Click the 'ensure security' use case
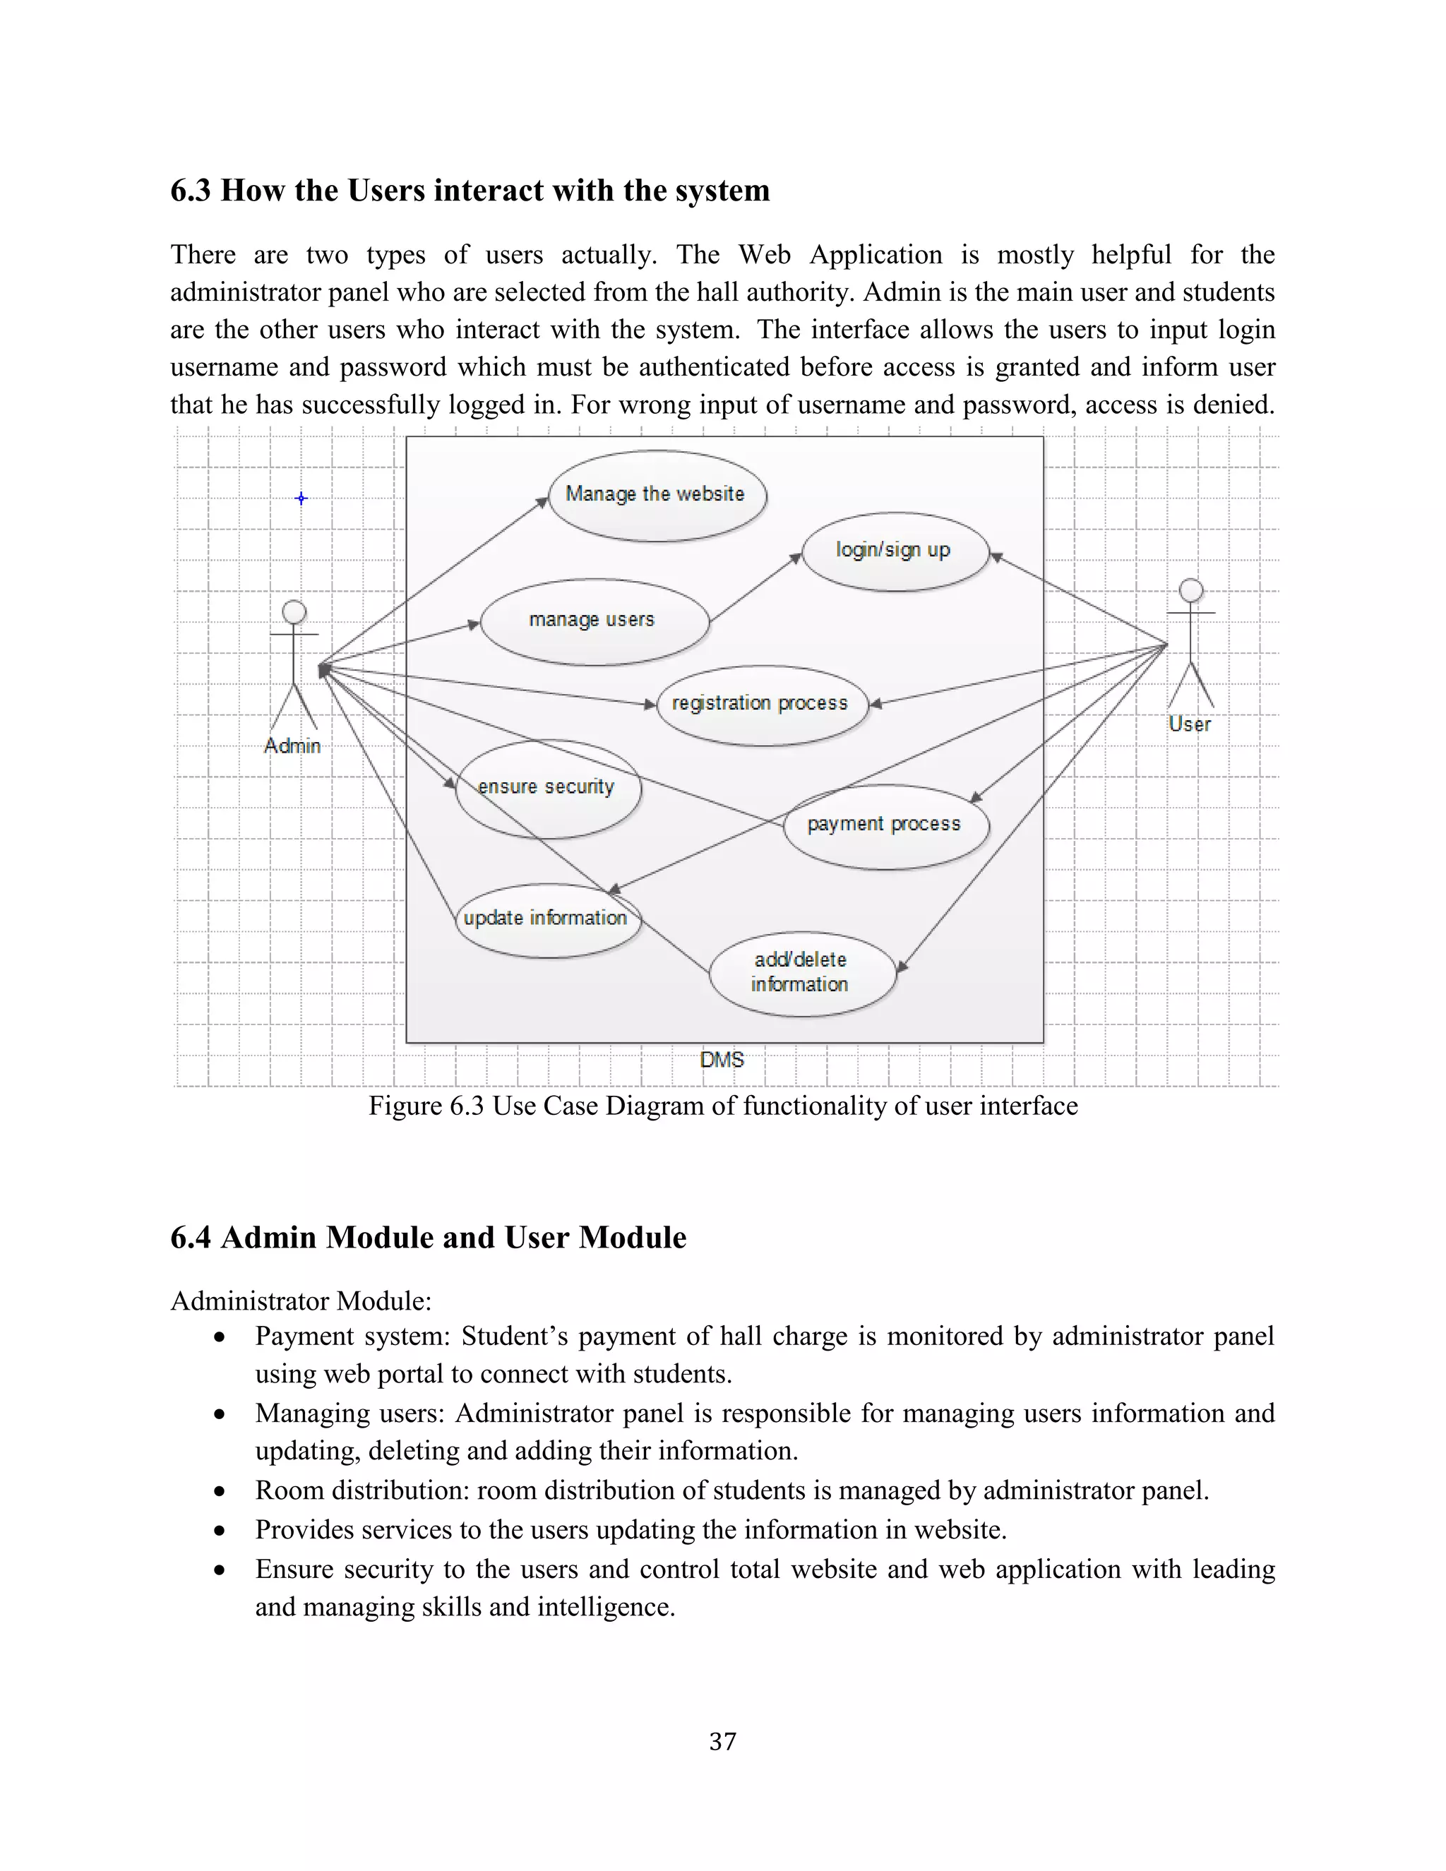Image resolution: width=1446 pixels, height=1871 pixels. tap(546, 788)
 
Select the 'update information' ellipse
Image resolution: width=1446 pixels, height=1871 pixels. tap(546, 919)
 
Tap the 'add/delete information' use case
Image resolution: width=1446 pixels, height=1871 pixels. tap(800, 973)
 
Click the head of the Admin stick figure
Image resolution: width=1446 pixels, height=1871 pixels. tap(294, 611)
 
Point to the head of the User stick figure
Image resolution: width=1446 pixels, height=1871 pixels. tap(1190, 590)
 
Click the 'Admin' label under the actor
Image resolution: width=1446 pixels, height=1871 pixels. tap(293, 746)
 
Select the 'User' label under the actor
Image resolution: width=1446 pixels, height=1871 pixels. tap(1190, 725)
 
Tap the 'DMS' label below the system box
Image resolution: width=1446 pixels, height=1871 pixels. tap(722, 1060)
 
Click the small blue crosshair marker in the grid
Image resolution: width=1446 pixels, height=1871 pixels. tap(301, 498)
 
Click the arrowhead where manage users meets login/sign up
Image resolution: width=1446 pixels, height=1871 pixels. tap(796, 558)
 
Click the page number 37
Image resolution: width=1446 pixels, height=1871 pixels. tap(722, 1742)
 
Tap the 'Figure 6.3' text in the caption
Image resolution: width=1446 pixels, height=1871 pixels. tap(426, 1106)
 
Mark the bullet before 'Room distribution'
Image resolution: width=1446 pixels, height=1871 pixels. tap(220, 1491)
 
